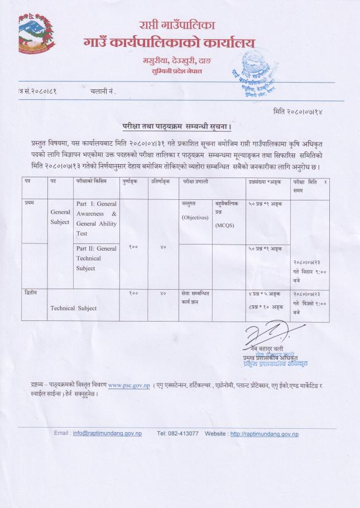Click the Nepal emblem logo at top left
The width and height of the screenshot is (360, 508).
36,34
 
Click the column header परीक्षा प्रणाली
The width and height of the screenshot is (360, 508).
196,181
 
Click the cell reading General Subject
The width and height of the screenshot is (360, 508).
60,217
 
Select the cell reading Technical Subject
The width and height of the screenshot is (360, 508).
73,308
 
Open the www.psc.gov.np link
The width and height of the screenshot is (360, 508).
128,385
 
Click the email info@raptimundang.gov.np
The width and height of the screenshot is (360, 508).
107,434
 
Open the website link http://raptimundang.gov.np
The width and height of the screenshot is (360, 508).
264,434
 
